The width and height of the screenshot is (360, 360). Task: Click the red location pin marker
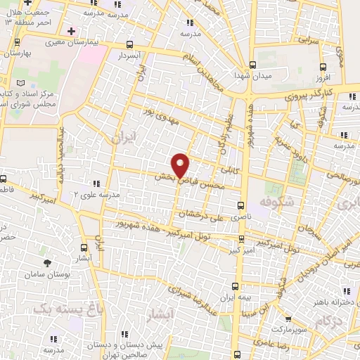point(181,165)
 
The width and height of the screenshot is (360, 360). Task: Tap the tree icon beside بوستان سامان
point(47,262)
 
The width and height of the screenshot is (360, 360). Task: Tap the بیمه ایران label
point(236,298)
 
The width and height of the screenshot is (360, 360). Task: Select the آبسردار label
point(131,54)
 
